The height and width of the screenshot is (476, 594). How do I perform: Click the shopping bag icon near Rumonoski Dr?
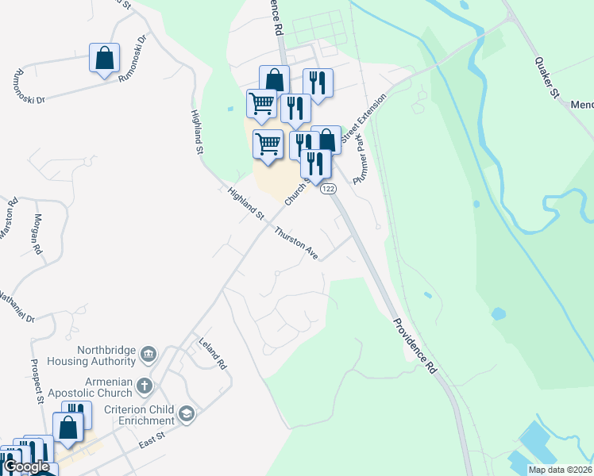(x=105, y=59)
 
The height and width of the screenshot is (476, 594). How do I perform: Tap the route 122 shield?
(x=328, y=189)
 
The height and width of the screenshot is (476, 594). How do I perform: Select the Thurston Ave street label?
(x=297, y=244)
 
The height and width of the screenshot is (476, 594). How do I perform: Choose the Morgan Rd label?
(x=37, y=233)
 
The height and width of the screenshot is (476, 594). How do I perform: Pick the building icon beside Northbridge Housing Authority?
(x=148, y=354)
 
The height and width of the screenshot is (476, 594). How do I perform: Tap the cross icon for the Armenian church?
(x=144, y=386)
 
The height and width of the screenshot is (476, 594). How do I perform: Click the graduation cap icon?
(x=186, y=413)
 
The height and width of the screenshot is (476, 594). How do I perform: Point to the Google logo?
(x=25, y=466)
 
